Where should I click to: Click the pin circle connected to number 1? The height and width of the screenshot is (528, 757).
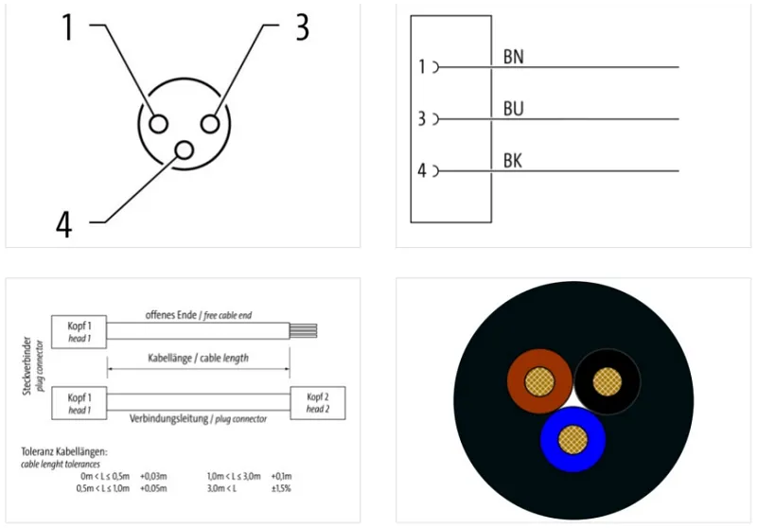(x=158, y=124)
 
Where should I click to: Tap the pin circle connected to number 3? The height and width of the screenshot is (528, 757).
(x=210, y=124)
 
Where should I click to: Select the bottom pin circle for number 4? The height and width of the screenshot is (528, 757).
(x=184, y=150)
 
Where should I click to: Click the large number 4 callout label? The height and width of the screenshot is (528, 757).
(x=64, y=224)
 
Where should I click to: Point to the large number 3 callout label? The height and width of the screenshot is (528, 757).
(x=302, y=27)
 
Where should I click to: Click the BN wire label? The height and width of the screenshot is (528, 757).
(x=513, y=57)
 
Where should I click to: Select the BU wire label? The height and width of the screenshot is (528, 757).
(x=513, y=109)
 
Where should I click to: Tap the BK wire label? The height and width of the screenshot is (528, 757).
(x=513, y=161)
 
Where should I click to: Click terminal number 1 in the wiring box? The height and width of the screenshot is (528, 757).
(x=422, y=67)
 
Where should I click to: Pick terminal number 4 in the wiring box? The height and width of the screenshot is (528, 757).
(x=422, y=170)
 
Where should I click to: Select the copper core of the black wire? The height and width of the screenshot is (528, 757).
(x=607, y=381)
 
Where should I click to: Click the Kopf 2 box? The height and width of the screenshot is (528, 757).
(x=318, y=403)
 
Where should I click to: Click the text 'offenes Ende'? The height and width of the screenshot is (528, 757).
(x=171, y=315)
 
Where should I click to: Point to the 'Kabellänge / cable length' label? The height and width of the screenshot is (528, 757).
(x=198, y=358)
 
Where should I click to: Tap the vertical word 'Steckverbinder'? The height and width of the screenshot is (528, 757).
(x=27, y=366)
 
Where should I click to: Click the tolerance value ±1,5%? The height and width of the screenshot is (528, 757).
(x=281, y=488)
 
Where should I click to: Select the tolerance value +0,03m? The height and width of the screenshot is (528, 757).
(x=153, y=476)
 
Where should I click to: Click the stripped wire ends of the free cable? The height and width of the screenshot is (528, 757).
(x=303, y=331)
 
